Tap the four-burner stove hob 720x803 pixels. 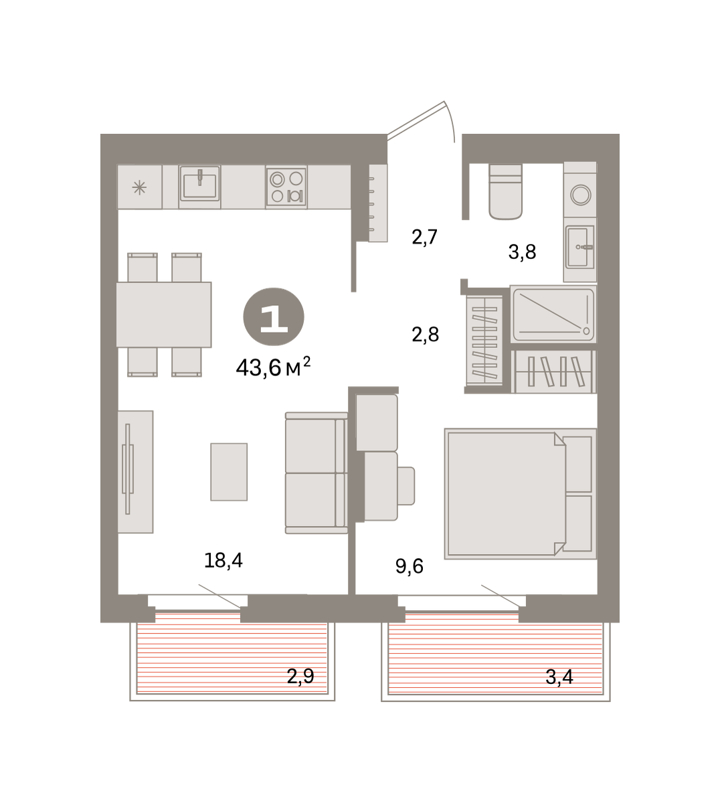(286, 187)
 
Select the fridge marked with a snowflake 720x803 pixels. (140, 187)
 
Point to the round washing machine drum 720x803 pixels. (581, 195)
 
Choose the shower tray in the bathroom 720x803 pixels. (553, 314)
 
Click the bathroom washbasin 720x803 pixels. (579, 247)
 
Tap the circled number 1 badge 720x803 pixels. (274, 317)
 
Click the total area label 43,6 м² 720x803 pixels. (273, 367)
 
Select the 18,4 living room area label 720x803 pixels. (223, 561)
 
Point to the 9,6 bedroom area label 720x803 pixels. (410, 566)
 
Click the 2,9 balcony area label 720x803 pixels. (300, 676)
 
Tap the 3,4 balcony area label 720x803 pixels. (559, 677)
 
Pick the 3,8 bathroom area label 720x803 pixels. (523, 252)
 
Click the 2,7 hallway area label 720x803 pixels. (425, 237)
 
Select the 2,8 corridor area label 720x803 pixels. (426, 335)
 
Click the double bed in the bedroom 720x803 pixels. (520, 494)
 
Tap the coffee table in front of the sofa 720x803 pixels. (229, 472)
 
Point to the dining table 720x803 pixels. (164, 315)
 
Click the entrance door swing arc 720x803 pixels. (451, 120)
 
